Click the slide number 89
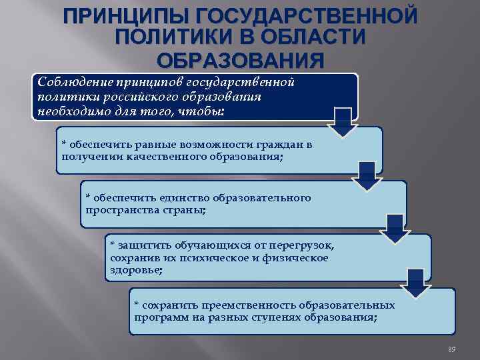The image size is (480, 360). tap(451, 350)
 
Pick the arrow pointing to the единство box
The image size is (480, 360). tap(367, 175)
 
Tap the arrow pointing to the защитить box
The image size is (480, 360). tap(395, 229)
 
